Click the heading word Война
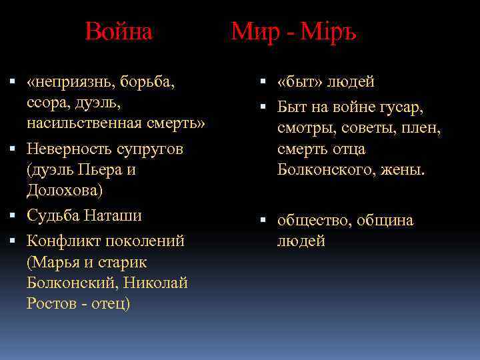click(119, 31)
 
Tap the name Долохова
click(65, 191)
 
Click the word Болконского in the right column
click(326, 170)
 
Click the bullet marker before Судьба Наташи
click(13, 216)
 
